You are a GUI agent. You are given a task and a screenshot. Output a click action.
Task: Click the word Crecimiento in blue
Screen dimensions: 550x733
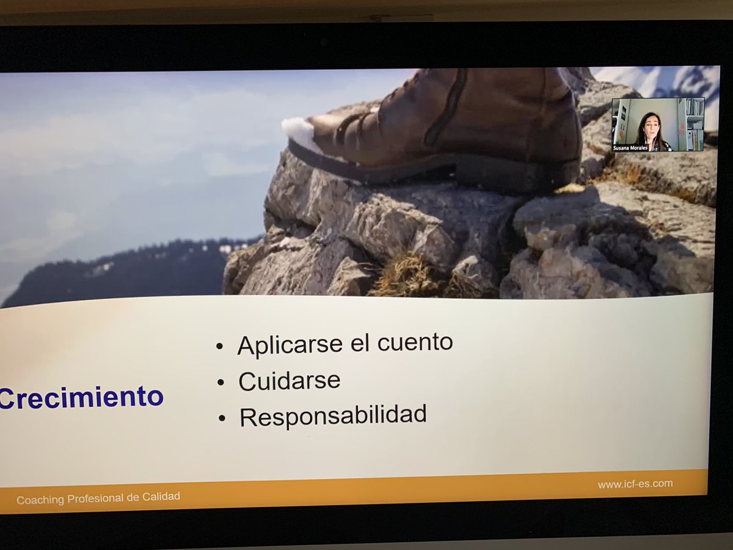point(81,397)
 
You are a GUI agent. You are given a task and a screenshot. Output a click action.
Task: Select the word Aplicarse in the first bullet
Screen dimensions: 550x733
point(290,345)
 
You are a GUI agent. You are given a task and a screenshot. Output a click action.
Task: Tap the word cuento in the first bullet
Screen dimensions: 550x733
point(415,342)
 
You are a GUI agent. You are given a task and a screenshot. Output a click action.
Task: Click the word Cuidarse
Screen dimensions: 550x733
point(289,381)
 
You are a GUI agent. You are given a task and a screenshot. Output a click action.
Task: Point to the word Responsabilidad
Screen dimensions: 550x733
point(333,416)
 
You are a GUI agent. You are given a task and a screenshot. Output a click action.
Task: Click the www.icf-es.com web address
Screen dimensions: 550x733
point(635,483)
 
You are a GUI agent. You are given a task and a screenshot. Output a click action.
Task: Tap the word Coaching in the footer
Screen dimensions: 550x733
point(40,500)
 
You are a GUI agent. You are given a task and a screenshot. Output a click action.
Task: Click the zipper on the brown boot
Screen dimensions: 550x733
point(446,107)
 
